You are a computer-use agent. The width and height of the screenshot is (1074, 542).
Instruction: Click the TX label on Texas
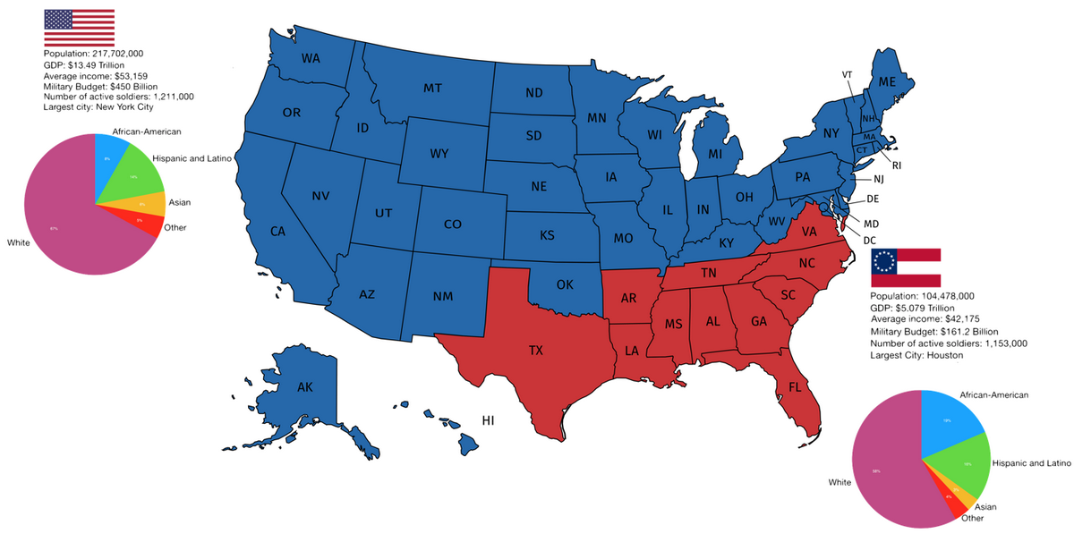coord(535,351)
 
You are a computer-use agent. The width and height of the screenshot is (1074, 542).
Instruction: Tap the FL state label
coord(795,387)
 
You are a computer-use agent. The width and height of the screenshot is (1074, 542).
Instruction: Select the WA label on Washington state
coord(311,59)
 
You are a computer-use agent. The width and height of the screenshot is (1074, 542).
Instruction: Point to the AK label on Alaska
coord(305,387)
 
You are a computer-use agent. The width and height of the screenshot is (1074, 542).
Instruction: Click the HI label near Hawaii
coord(489,419)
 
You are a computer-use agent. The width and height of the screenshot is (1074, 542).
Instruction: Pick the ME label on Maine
coord(887,81)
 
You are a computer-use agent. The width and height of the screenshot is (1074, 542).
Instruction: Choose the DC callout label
coord(869,240)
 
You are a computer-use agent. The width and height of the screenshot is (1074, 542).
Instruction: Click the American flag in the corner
coord(79,29)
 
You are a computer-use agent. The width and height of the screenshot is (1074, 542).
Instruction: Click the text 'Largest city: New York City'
coord(98,107)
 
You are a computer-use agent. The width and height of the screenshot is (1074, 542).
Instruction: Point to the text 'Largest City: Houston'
coord(917,355)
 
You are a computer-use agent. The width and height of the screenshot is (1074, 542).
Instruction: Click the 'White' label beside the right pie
coord(840,483)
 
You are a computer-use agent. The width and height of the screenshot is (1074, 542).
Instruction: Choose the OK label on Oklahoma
coord(564,285)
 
